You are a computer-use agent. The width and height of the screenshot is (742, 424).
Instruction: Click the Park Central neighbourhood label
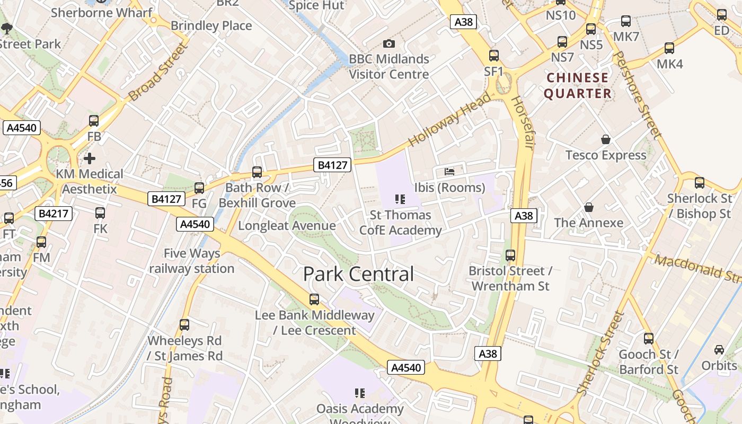click(x=358, y=274)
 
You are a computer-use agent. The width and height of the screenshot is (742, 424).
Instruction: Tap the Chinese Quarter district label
click(x=578, y=85)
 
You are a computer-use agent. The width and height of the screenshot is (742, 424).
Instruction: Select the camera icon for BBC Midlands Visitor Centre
click(x=388, y=43)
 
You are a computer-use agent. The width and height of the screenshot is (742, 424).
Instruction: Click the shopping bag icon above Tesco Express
click(x=606, y=139)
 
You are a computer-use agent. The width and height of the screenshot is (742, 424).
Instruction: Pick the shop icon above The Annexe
click(x=588, y=207)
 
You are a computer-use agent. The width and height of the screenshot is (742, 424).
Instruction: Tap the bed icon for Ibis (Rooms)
click(x=449, y=172)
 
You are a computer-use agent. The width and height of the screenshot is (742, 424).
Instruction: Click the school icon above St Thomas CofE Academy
click(x=400, y=199)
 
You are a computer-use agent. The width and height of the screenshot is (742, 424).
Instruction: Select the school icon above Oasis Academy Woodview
click(x=360, y=393)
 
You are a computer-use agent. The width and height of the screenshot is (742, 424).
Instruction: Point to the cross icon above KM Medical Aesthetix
click(x=90, y=158)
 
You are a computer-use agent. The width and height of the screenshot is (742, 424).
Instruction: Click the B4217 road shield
click(x=54, y=214)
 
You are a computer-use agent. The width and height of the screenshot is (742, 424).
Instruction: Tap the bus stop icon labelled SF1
click(x=493, y=55)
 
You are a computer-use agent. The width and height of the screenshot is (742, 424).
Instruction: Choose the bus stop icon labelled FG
click(x=199, y=188)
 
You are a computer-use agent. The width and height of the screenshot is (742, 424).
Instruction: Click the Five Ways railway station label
click(x=191, y=261)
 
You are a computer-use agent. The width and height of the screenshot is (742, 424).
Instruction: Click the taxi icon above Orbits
click(x=719, y=350)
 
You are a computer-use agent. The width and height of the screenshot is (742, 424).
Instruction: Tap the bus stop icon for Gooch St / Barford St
click(x=648, y=338)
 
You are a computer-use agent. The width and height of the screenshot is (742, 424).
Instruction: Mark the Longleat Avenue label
click(x=287, y=226)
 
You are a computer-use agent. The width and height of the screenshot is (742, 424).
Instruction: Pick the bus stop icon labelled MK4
click(x=669, y=48)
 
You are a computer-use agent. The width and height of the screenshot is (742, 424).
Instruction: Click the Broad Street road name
click(x=158, y=73)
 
